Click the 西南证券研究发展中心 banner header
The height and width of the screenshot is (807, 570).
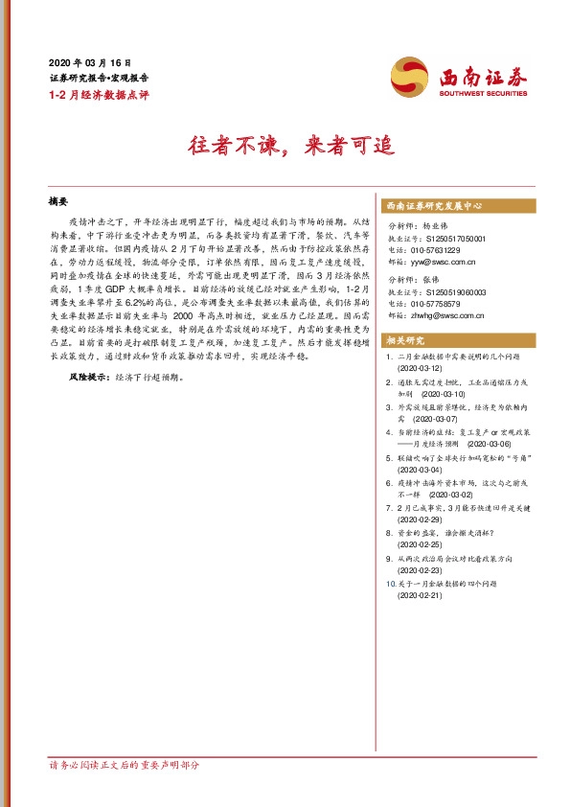tap(432, 206)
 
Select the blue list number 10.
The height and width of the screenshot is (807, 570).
tap(387, 583)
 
